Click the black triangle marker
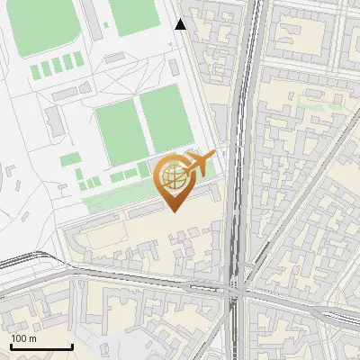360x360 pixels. point(181,24)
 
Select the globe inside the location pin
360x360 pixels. point(174,177)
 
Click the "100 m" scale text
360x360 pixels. point(24,338)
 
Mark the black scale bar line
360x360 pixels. point(41,346)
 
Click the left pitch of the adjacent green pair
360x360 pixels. point(121,132)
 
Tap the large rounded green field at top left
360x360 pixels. point(40,27)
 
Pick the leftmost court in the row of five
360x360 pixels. point(36,69)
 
